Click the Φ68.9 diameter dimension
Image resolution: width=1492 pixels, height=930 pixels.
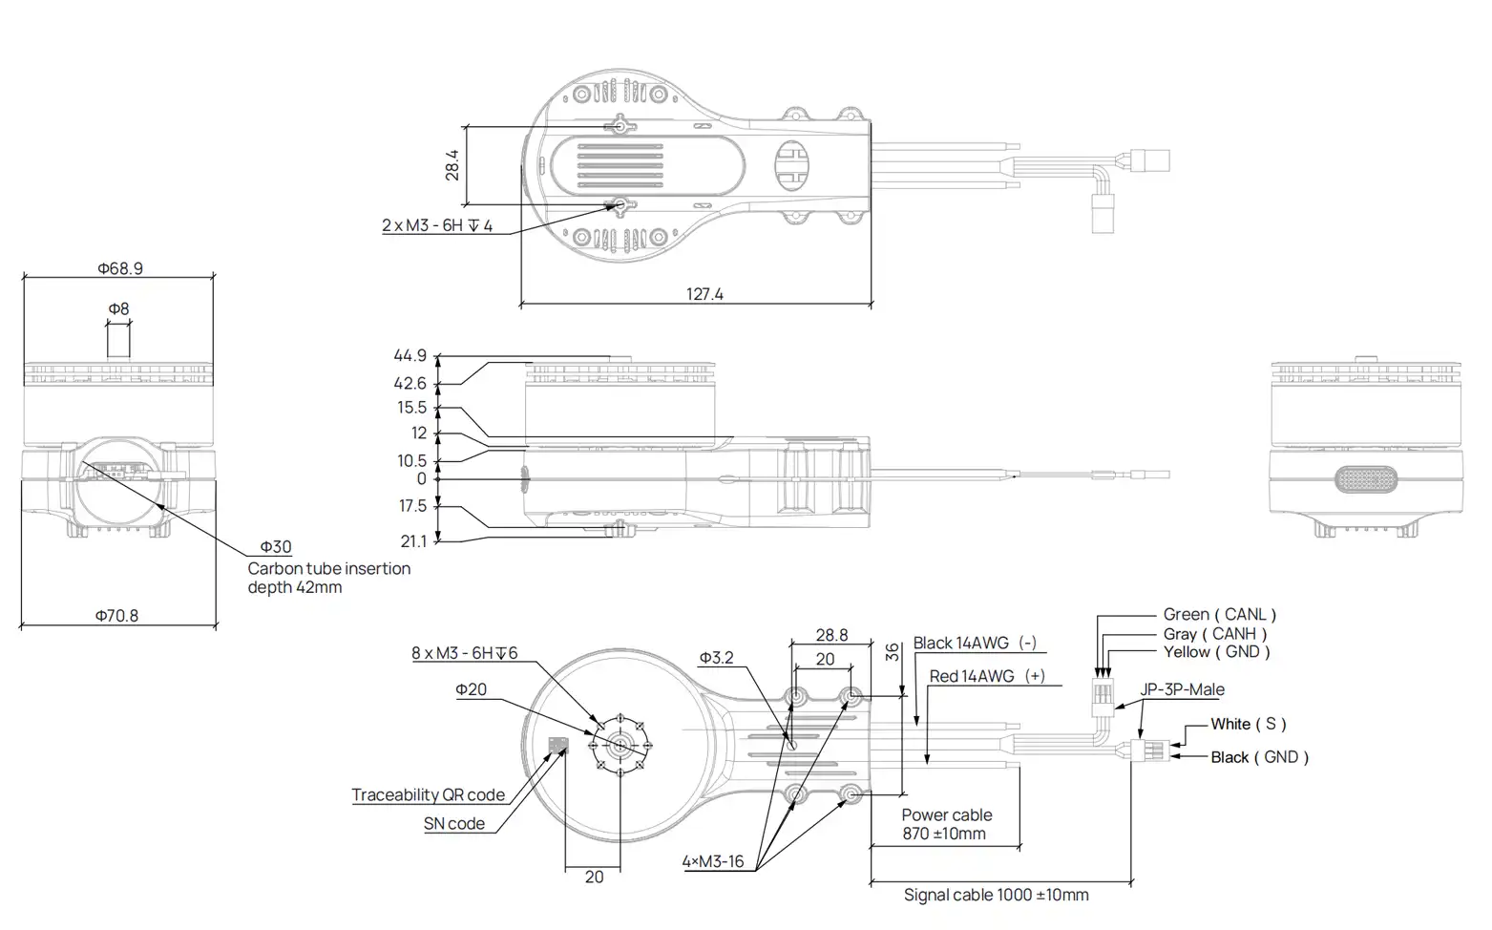tap(119, 268)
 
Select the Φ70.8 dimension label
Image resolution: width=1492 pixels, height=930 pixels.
tap(116, 616)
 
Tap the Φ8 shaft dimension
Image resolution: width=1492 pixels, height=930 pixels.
tap(118, 309)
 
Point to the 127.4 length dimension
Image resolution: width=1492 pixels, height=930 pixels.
tap(704, 294)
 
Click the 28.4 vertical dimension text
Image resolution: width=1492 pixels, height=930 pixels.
tap(452, 164)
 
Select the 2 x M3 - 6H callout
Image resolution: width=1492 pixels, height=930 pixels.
tap(437, 226)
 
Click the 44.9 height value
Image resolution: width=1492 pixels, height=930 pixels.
tap(410, 356)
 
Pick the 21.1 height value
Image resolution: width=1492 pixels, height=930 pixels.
tap(413, 541)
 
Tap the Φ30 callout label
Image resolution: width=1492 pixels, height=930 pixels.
tap(276, 547)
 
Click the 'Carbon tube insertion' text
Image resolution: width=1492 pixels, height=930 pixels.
tap(328, 569)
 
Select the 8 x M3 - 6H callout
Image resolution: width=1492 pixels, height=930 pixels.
tap(464, 653)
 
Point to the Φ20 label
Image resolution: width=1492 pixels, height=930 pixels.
tap(471, 689)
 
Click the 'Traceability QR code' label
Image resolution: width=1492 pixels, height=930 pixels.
tap(428, 794)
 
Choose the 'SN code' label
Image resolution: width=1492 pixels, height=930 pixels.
tap(453, 823)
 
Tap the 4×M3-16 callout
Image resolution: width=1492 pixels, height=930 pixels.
tap(712, 861)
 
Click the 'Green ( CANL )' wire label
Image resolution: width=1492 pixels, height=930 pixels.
tap(1219, 615)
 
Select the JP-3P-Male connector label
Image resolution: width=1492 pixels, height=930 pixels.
tap(1182, 689)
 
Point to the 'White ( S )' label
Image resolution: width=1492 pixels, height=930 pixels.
tap(1249, 724)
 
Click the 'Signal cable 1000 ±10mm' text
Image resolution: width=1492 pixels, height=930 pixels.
tap(996, 895)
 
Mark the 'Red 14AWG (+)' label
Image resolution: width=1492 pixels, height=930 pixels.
tap(987, 676)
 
